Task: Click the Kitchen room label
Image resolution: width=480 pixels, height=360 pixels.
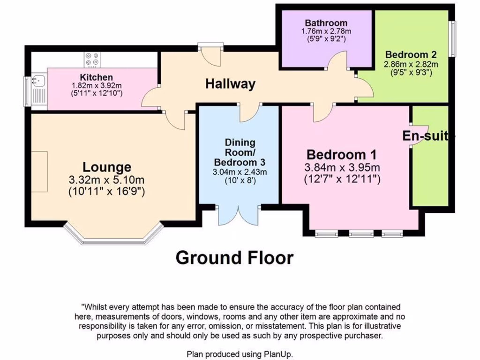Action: coord(96,77)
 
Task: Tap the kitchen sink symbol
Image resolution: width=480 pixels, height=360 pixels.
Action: coord(37,81)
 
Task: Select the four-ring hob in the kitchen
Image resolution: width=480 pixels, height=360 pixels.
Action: coord(92,59)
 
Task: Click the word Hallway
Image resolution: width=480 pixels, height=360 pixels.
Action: coord(230,84)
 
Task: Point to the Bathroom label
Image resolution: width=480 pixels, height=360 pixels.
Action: coord(326,23)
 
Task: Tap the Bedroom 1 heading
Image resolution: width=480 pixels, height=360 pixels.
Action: coord(341,154)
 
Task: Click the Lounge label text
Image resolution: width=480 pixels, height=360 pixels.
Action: coord(107,167)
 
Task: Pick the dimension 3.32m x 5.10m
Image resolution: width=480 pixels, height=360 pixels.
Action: coord(107,180)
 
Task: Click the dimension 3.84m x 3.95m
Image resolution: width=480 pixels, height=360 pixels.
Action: coord(342,167)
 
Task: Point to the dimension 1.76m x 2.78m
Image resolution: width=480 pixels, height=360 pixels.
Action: coord(326,31)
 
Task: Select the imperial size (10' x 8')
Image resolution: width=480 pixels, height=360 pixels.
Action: coord(240,180)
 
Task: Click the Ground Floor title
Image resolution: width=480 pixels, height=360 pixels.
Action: coord(234,257)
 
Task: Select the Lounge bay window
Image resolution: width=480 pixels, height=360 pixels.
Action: coord(113,237)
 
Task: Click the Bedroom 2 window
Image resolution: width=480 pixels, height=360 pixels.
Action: coord(453,39)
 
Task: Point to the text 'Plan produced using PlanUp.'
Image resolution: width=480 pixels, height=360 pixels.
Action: coord(240,354)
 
